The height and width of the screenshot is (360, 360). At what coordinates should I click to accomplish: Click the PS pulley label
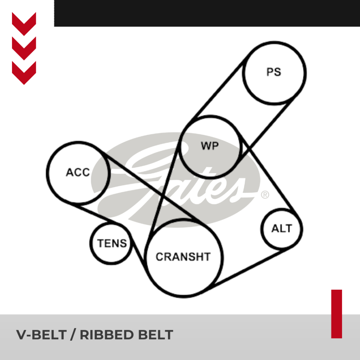pos(274,72)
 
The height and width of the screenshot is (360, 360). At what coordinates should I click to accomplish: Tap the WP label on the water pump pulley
pos(210,146)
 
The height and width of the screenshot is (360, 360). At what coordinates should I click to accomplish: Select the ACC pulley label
pos(78,173)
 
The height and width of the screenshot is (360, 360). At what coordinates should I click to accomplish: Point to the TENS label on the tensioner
pos(112,243)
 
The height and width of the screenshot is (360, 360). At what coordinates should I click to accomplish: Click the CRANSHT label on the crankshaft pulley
pos(183,257)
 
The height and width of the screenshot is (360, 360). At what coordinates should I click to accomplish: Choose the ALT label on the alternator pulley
pos(282,229)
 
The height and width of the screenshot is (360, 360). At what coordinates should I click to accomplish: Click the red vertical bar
pos(336,314)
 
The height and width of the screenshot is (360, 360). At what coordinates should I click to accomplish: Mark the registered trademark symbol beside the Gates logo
pos(265,194)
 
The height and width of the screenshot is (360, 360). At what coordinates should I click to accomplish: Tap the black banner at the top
pos(207,13)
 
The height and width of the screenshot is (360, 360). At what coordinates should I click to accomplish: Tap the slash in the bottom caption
pos(73,335)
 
